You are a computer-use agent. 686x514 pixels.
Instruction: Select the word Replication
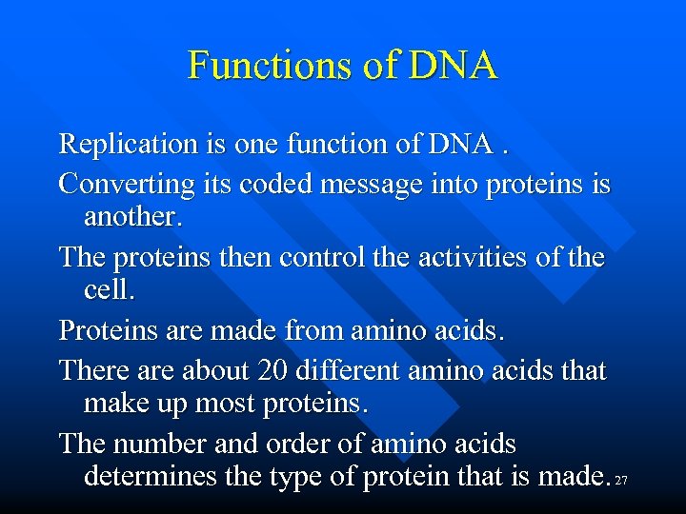(x=124, y=145)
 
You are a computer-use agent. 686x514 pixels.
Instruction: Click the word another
(x=131, y=218)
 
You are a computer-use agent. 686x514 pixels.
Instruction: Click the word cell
(x=109, y=292)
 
